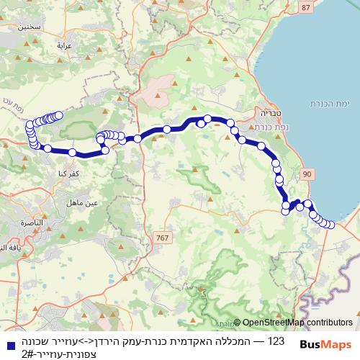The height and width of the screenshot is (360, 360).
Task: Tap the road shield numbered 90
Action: (308, 174)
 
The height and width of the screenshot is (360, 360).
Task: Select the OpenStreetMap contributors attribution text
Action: (297, 323)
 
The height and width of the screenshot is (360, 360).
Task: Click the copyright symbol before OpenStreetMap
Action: (237, 323)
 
